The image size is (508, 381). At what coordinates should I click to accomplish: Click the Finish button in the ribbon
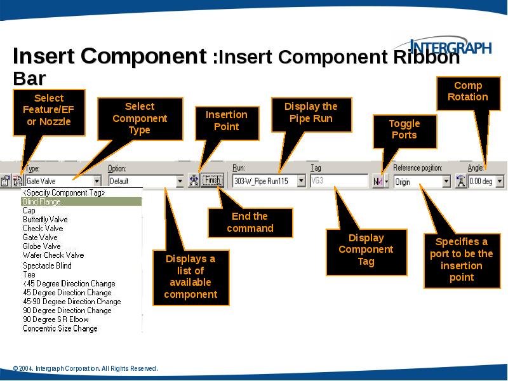pyautogui.click(x=212, y=180)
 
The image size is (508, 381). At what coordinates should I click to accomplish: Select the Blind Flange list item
pyautogui.click(x=42, y=201)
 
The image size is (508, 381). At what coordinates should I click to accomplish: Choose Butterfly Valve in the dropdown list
pyautogui.click(x=45, y=219)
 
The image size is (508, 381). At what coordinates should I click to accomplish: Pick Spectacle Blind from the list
pyautogui.click(x=47, y=265)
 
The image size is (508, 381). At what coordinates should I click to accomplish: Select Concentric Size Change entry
pyautogui.click(x=60, y=328)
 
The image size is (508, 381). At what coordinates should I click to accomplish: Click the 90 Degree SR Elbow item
pyautogui.click(x=56, y=319)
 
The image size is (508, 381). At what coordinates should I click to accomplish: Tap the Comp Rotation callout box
pyautogui.click(x=467, y=91)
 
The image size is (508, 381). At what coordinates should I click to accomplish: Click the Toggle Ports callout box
pyautogui.click(x=404, y=130)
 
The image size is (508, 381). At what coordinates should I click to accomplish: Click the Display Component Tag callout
pyautogui.click(x=366, y=250)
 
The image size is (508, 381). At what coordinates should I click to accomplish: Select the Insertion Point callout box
pyautogui.click(x=226, y=121)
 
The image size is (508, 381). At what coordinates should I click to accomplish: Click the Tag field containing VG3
pyautogui.click(x=338, y=181)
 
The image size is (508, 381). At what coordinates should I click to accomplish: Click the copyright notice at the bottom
pyautogui.click(x=85, y=368)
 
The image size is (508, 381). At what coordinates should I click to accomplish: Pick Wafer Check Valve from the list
pyautogui.click(x=53, y=255)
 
